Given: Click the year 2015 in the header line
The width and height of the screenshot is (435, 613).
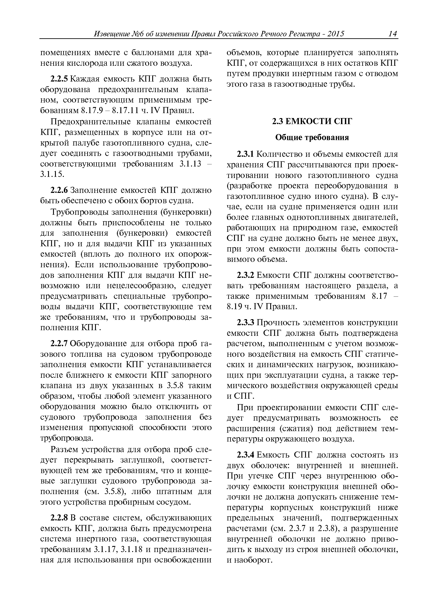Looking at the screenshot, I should click(335, 34).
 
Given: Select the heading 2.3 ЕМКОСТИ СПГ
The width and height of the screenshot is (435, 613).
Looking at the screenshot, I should click(312, 122).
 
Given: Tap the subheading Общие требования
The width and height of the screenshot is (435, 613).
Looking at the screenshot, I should click(312, 138).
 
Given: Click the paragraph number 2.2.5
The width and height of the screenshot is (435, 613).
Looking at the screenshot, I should click(60, 79).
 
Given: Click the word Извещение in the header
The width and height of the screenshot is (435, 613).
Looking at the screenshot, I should click(112, 34).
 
